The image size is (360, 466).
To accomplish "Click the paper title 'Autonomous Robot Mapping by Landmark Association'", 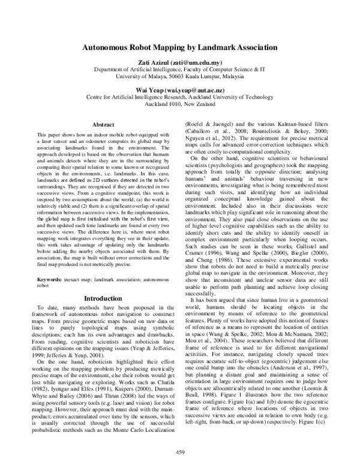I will [x=179, y=47].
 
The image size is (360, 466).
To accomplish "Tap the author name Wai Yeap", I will [x=149, y=86].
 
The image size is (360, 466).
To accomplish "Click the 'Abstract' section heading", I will [x=97, y=124].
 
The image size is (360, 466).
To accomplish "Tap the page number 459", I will [x=179, y=451].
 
